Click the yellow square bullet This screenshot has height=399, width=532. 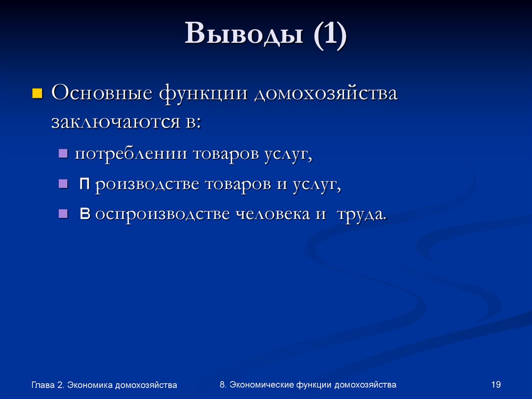[x=37, y=94]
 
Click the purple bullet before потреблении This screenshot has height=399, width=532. [x=63, y=155]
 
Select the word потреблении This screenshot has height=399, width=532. [x=131, y=155]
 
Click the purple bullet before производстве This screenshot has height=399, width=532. [x=63, y=184]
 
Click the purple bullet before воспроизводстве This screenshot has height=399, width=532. [x=63, y=213]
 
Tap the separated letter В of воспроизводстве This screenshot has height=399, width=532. [x=85, y=214]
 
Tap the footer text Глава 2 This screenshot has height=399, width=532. [x=47, y=385]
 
